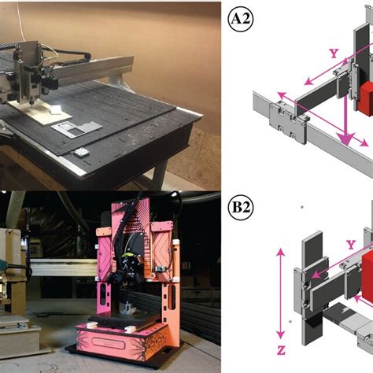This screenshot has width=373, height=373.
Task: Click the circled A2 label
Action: pyautogui.click(x=240, y=19)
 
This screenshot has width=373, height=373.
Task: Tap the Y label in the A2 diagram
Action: pyautogui.click(x=334, y=54)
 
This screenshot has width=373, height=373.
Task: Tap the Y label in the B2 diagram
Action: pyautogui.click(x=351, y=245)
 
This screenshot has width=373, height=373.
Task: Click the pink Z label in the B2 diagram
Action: pyautogui.click(x=281, y=350)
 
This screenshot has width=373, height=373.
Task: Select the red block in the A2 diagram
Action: pyautogui.click(x=367, y=99)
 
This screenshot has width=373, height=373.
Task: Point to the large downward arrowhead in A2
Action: pyautogui.click(x=347, y=138)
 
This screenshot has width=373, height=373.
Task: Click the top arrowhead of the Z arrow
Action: pyautogui.click(x=281, y=253)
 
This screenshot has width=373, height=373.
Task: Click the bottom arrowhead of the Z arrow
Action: pyautogui.click(x=281, y=334)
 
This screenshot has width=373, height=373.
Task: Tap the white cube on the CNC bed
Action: pyautogui.click(x=56, y=109)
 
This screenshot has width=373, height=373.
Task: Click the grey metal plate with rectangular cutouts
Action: pyautogui.click(x=76, y=128)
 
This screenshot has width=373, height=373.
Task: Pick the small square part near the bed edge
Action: pyautogui.click(x=80, y=153)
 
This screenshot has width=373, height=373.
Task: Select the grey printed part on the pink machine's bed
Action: pyautogui.click(x=127, y=308)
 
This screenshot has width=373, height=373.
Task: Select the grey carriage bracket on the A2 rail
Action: pyautogui.click(x=289, y=124)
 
